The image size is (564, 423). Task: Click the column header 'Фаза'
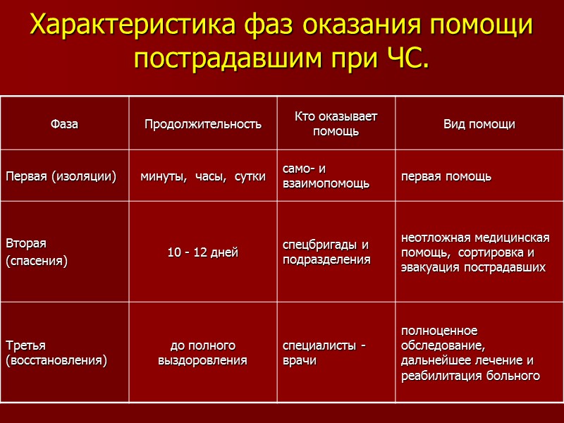tap(64, 124)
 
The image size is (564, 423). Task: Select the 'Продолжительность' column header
tap(203, 124)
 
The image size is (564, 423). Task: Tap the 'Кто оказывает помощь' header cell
tap(336, 124)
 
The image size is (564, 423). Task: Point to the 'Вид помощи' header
tap(479, 124)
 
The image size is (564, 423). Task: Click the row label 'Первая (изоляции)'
tap(61, 176)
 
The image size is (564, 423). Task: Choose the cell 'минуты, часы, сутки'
tap(203, 176)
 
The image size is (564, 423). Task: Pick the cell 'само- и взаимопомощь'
tap(326, 176)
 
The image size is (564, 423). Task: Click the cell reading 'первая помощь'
tap(446, 176)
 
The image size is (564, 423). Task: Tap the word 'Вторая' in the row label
tap(26, 244)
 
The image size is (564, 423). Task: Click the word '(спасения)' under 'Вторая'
tap(37, 262)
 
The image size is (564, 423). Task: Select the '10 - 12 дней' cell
tap(203, 252)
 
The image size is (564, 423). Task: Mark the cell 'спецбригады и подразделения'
tap(326, 252)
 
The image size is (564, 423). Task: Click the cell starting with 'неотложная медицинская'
tap(475, 252)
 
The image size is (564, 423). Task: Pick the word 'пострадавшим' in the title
tap(226, 59)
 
